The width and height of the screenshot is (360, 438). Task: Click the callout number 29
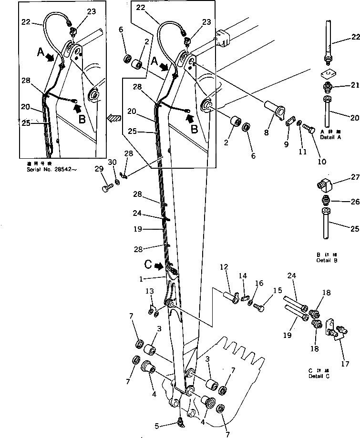point(99,169)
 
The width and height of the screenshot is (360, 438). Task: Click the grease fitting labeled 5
point(180,421)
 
